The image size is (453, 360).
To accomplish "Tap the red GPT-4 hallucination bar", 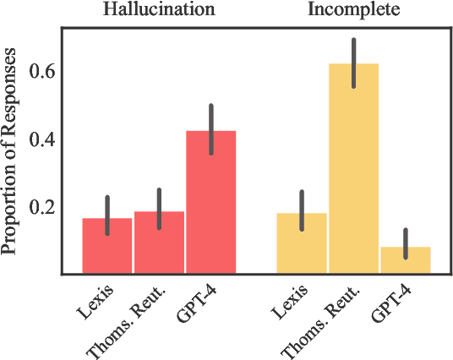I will (210, 203).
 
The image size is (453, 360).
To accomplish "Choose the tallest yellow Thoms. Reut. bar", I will (353, 169).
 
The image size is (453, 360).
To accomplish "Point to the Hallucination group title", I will (159, 11).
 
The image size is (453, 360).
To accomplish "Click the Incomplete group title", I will (353, 11).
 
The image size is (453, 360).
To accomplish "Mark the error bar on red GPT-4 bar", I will (210, 128).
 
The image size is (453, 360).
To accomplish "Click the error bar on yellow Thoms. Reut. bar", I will (353, 63).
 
